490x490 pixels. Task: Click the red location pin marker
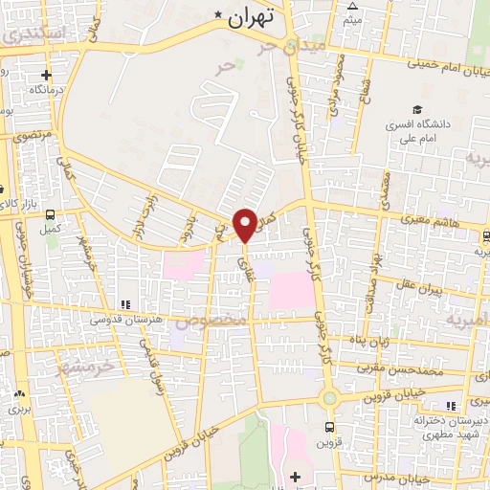point(245,224)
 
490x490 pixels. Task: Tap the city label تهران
point(253,15)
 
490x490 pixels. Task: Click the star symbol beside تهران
point(218,16)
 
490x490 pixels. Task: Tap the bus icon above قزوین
point(329,427)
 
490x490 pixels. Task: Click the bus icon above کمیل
point(50,215)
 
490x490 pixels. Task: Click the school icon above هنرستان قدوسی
point(122,303)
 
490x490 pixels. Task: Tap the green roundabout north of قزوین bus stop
point(329,397)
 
